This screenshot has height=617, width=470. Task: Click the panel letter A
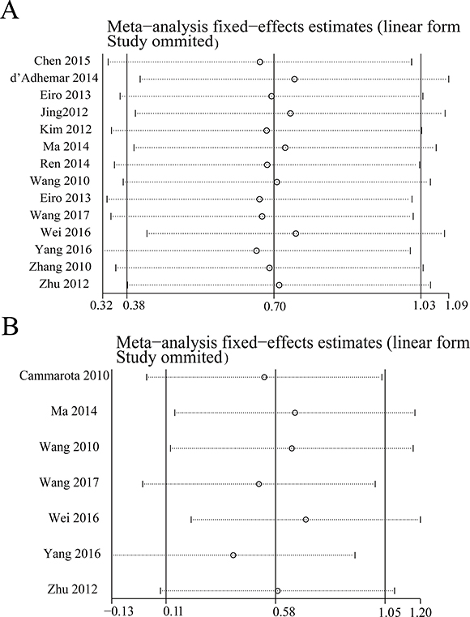(x=10, y=10)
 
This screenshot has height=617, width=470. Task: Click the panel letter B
(x=10, y=326)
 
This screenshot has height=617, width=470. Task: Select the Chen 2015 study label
(x=62, y=61)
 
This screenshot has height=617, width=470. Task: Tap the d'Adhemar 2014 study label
(x=54, y=78)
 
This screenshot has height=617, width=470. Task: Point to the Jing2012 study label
(x=65, y=112)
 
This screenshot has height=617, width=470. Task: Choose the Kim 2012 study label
(x=66, y=129)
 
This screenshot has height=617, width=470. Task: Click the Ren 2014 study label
(x=65, y=163)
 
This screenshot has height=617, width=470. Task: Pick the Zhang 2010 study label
(x=60, y=267)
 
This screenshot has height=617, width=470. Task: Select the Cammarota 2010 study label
(x=64, y=375)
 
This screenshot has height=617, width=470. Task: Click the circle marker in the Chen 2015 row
(x=259, y=62)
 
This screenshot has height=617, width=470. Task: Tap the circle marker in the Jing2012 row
(x=290, y=114)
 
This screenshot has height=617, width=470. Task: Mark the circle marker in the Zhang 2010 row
(x=269, y=268)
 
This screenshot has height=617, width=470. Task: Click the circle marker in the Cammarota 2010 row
(x=264, y=377)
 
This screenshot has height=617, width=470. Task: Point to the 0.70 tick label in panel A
(x=274, y=306)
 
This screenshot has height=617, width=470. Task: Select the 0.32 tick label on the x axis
(x=101, y=306)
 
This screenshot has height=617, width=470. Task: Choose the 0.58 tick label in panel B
(x=276, y=612)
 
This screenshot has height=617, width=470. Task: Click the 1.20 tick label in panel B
(x=421, y=612)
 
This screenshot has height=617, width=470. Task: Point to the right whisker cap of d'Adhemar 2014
(x=449, y=79)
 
